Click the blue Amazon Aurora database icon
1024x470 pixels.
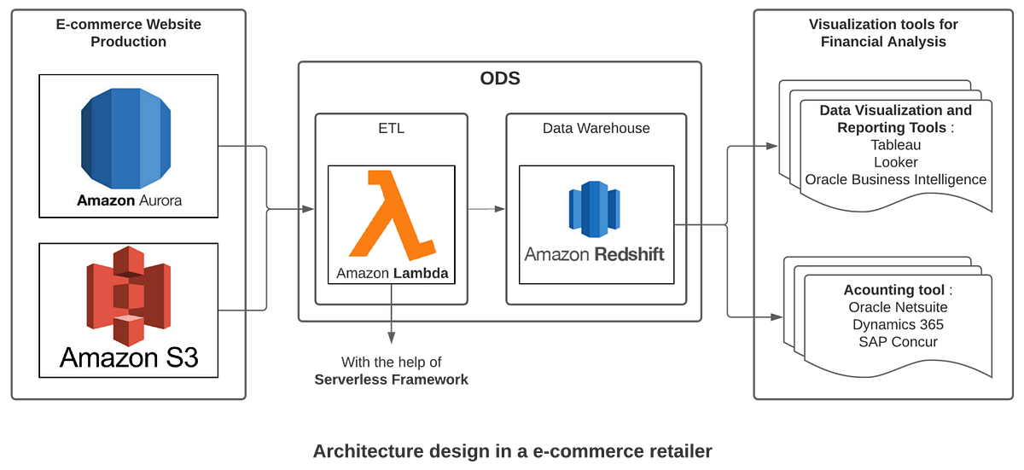125,138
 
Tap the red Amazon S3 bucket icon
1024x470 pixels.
129,296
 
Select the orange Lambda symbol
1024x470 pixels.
393,214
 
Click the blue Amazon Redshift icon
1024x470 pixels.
594,209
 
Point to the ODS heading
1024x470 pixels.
500,78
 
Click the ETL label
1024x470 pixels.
392,128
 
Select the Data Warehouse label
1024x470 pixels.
596,128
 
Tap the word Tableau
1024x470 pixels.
895,145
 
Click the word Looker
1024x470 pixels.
895,162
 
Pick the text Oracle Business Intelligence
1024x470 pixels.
895,179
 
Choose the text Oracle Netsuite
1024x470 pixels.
898,307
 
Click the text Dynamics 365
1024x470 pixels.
898,324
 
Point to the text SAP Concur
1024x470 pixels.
898,342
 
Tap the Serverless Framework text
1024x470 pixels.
392,380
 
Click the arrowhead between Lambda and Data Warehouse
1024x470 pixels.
500,209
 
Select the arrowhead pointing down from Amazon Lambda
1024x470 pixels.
392,338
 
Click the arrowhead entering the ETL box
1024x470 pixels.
308,209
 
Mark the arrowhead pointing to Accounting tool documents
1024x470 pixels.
777,316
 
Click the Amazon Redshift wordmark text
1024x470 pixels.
594,254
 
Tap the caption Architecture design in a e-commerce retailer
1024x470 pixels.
513,451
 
